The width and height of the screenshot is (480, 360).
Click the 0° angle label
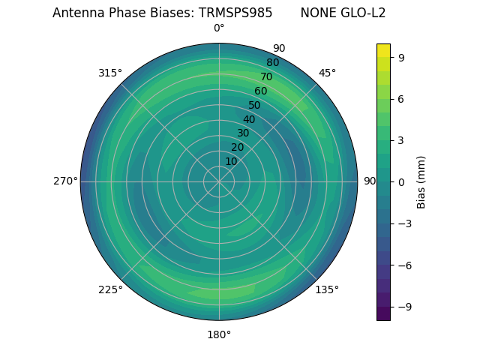click(219, 28)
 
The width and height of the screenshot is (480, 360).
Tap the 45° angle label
click(327, 73)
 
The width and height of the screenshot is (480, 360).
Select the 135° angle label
click(327, 289)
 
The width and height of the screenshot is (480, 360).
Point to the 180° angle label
click(219, 334)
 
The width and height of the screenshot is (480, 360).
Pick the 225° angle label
click(110, 289)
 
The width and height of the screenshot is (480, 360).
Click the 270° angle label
click(65, 181)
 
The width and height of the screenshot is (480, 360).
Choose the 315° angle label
click(110, 73)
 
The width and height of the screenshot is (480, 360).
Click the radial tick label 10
click(232, 161)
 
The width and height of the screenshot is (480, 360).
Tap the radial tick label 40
click(249, 119)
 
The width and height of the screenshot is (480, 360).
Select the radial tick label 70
click(266, 76)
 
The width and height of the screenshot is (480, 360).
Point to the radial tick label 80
click(272, 62)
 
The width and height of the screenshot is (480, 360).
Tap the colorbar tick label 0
click(401, 181)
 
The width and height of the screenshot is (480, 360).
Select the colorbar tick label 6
click(401, 98)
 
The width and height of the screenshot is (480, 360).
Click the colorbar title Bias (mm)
click(421, 181)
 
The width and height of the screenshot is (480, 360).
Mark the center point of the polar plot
click(219, 181)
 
